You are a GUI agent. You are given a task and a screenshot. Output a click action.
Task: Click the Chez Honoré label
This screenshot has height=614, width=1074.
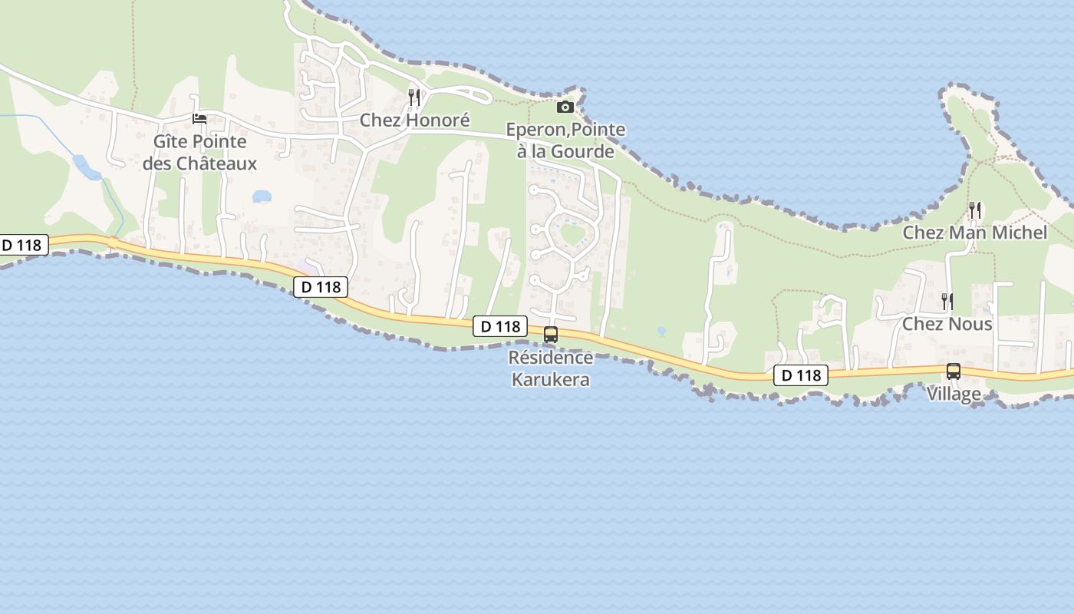coord(414,120)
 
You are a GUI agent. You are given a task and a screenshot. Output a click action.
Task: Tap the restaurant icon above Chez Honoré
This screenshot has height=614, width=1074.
coord(414,97)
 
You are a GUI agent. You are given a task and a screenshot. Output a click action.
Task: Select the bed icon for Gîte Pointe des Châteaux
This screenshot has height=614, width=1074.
coord(199,119)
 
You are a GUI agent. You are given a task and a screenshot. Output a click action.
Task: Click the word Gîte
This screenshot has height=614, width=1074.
coord(171,142)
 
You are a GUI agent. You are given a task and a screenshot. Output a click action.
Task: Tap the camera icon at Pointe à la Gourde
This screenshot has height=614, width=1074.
coord(565,107)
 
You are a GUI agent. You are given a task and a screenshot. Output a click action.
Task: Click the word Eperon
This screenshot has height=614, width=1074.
coord(533,130)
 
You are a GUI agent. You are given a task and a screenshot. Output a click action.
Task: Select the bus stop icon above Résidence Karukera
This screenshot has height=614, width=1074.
coord(551,335)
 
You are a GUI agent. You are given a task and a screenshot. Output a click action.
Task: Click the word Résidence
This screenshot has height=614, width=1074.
coord(551,358)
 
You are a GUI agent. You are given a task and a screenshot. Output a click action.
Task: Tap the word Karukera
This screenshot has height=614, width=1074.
coord(551,379)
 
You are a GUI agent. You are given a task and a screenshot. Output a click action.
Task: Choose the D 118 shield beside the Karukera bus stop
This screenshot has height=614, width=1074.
coord(499,326)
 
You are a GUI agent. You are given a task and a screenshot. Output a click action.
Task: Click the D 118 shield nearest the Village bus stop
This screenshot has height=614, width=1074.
coord(801,375)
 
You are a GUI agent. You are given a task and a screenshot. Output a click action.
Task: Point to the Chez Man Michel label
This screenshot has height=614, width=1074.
coord(974,233)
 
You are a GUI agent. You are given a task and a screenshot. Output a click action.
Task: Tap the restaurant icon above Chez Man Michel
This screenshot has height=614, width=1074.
coord(975,210)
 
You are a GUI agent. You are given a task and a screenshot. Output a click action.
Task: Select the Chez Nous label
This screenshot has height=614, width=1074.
coord(947,324)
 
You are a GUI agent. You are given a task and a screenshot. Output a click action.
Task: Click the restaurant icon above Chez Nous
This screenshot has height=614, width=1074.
coord(947,301)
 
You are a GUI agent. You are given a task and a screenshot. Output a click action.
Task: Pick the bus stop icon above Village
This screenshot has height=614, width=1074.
coord(954,371)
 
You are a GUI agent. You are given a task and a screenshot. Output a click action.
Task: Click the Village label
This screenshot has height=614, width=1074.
coord(954,394)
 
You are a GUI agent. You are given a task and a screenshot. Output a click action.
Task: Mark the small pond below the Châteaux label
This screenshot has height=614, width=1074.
coord(262,196)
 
